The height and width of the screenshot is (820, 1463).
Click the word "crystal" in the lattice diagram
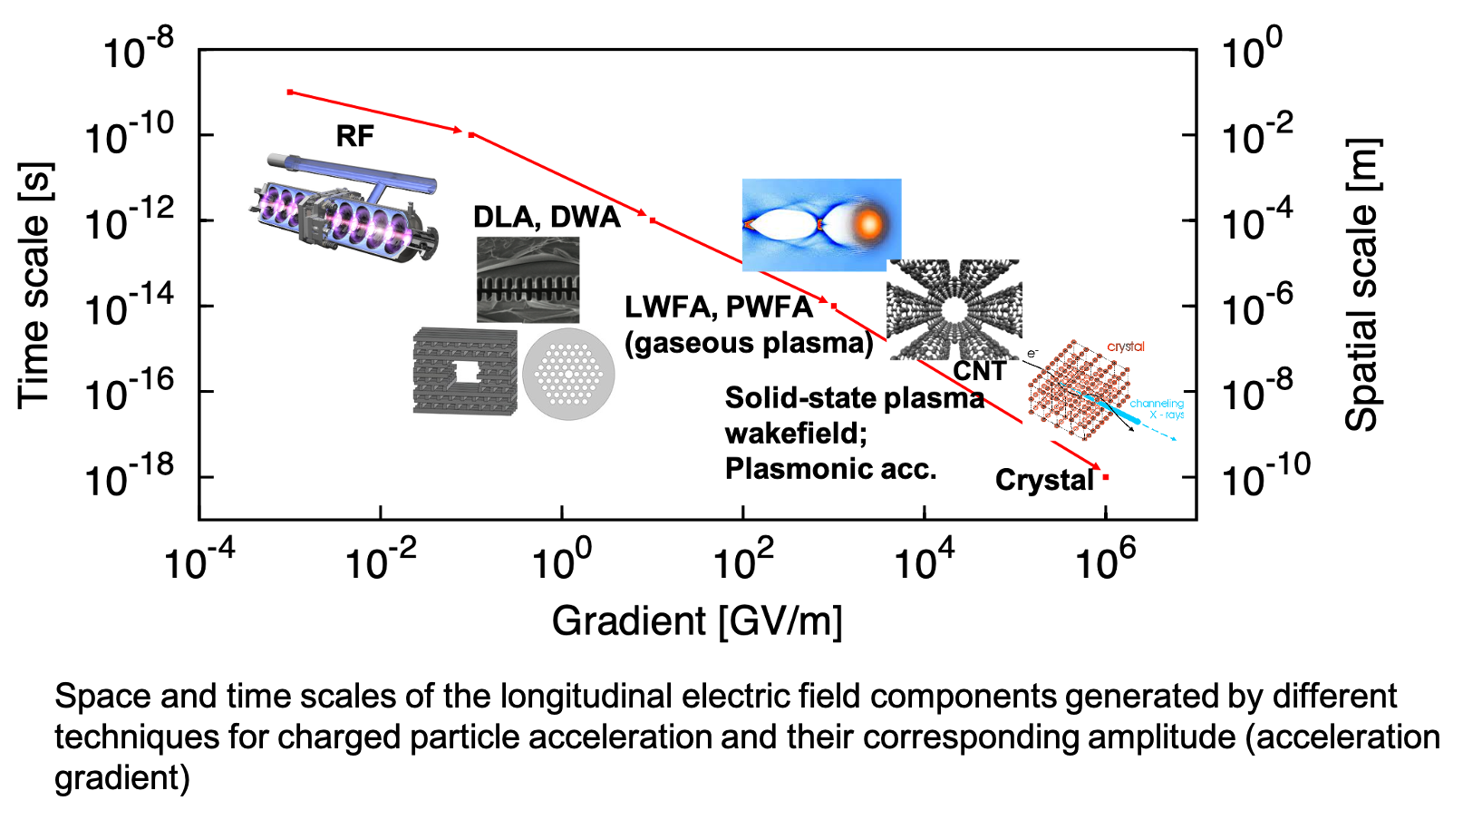[1126, 347]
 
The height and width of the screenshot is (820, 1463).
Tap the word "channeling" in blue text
[1156, 403]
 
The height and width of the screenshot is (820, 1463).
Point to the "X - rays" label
[1167, 415]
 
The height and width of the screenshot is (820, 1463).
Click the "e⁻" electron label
[1032, 354]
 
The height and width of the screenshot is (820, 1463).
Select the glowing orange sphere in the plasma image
[868, 223]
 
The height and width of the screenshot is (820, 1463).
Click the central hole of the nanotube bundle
[954, 310]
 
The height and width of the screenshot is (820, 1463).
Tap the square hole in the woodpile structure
[465, 370]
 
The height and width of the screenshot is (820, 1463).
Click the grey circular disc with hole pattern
[568, 374]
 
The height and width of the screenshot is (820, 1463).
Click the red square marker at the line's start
[290, 93]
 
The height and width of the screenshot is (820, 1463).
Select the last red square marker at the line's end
[1106, 477]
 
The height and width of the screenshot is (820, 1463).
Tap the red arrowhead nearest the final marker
[1095, 468]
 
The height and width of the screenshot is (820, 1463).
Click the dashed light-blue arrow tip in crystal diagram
[1178, 439]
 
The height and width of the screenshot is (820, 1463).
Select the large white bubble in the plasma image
[781, 224]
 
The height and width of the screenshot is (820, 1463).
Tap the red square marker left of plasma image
[653, 220]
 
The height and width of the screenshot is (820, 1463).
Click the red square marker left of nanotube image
[834, 307]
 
